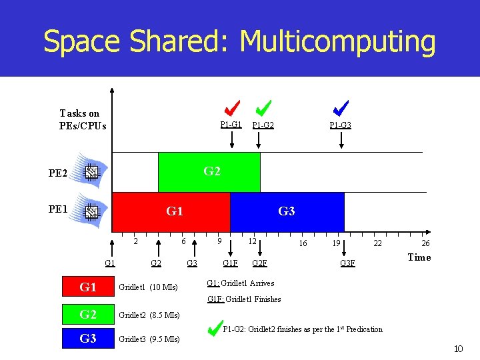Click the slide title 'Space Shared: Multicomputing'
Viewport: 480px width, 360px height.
(239, 41)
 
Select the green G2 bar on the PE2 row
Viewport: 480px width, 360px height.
(209, 172)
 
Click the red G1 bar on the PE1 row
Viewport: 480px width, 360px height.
(171, 212)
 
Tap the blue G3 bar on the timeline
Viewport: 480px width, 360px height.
(287, 212)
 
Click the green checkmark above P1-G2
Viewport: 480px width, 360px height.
(263, 107)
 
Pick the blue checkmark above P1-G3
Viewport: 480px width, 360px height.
(341, 107)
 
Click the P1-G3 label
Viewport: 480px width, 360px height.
(340, 125)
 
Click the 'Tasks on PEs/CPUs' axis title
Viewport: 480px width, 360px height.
(82, 119)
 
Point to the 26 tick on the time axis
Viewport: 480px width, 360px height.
(425, 244)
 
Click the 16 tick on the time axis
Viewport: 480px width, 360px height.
(303, 244)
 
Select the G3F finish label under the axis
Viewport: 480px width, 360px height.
(347, 263)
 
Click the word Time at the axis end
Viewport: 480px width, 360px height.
(419, 257)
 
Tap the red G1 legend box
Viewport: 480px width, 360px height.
(88, 287)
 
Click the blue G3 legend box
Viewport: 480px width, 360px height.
(88, 339)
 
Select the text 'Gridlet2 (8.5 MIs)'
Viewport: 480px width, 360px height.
(149, 315)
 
